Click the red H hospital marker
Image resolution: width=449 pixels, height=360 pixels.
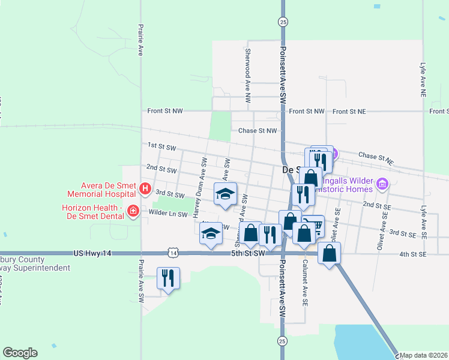[x=145, y=189]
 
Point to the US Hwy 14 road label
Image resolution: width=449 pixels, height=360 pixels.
[x=92, y=254]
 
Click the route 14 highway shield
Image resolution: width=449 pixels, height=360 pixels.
[x=173, y=254]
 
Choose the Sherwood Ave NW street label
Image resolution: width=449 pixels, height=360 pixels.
[x=247, y=75]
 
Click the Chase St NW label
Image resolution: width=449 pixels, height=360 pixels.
[x=258, y=130]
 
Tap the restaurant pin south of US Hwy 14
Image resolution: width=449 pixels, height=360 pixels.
[x=167, y=278]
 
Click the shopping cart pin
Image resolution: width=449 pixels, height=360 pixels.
[x=315, y=226]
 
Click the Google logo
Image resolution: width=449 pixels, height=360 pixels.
[x=20, y=353]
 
